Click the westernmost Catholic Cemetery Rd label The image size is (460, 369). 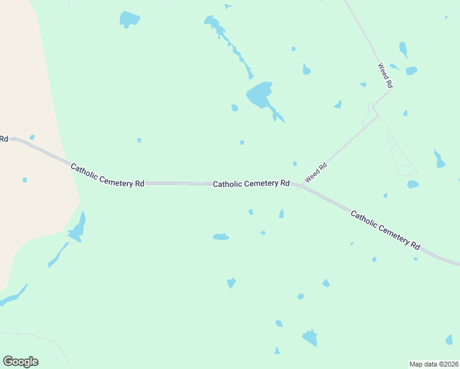tap(107, 175)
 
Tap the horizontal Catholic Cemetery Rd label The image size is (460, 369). tap(251, 183)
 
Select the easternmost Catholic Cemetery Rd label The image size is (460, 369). tap(385, 229)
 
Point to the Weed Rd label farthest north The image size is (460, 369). tap(385, 76)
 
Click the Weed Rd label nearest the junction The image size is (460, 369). tap(315, 171)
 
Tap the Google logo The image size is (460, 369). tap(21, 362)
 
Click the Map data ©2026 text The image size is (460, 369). tap(434, 364)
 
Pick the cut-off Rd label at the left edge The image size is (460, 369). tap(4, 139)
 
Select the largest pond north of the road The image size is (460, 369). tap(259, 95)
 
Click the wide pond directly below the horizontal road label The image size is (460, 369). tap(221, 237)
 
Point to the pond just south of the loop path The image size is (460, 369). tap(413, 184)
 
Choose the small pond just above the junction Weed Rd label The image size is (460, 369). tap(295, 164)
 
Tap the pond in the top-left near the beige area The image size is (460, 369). tap(129, 19)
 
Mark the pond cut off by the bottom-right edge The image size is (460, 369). tap(449, 339)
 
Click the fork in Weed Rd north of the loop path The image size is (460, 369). tap(375, 113)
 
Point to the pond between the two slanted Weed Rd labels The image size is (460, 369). tap(338, 105)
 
